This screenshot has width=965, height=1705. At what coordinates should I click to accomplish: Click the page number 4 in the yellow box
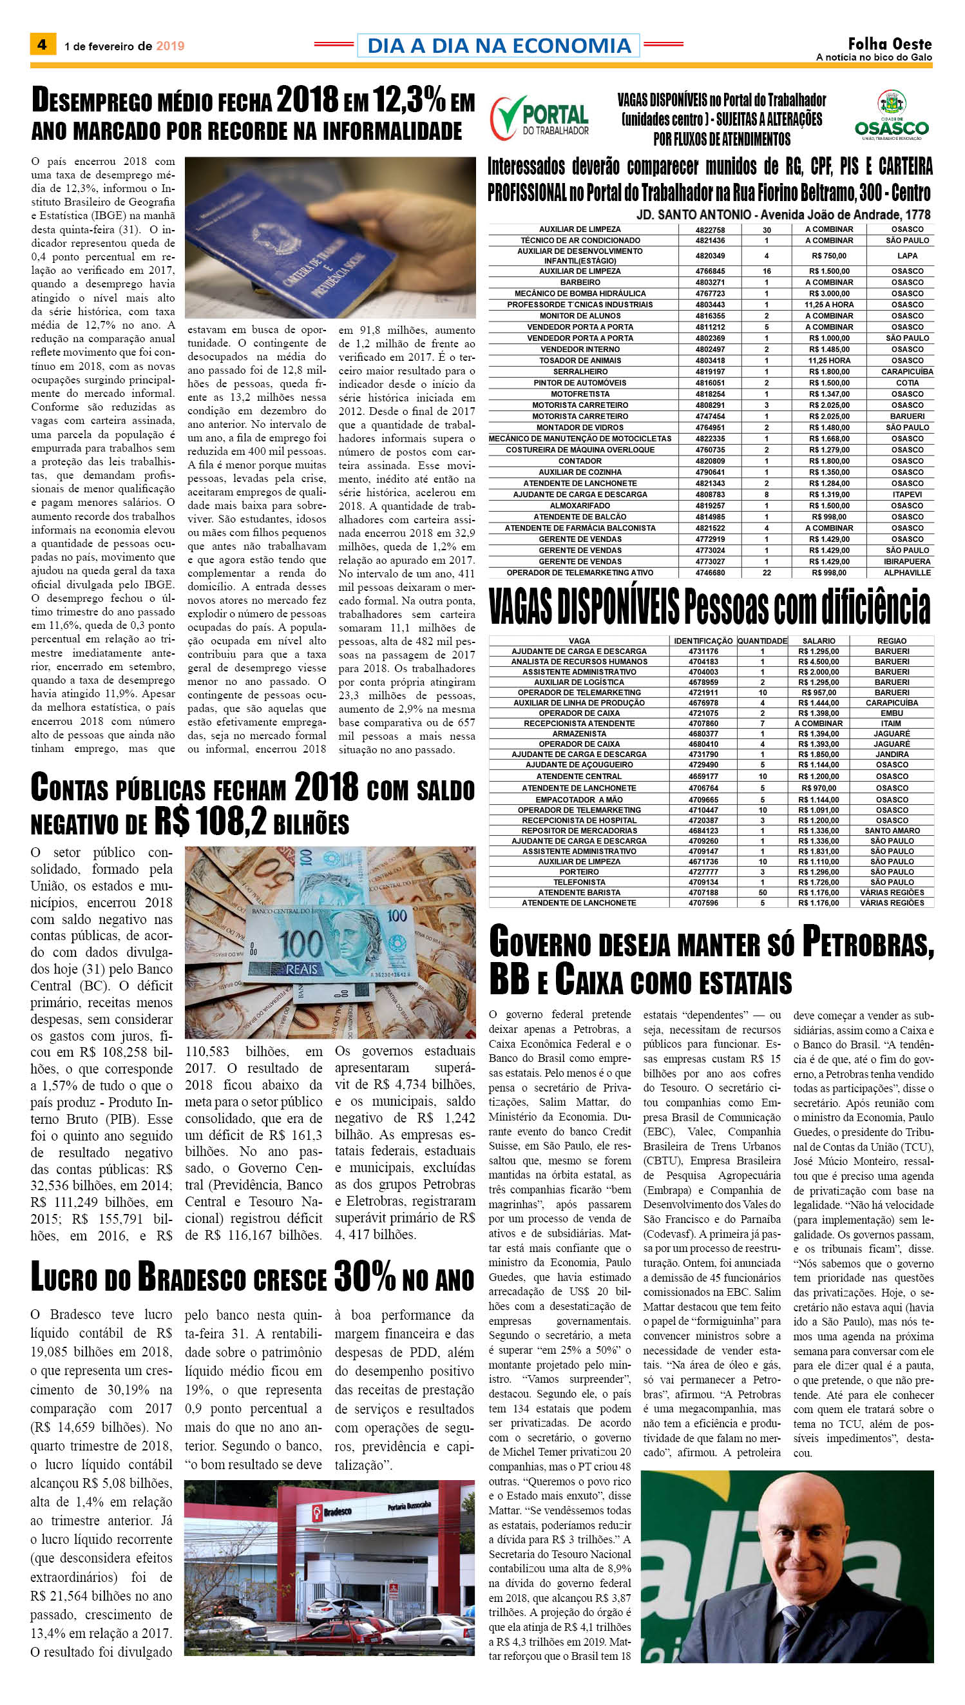pos(42,45)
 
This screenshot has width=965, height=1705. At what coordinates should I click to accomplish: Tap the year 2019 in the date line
pos(170,46)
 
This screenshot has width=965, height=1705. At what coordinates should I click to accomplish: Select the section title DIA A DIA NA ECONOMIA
pos(499,46)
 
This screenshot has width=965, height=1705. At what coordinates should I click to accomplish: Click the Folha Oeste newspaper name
pos(890,44)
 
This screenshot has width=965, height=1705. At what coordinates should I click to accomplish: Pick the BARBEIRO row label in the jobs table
pos(579,282)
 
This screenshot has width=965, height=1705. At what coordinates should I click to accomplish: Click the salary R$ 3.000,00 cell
pos(829,293)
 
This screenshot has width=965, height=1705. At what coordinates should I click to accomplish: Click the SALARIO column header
pos(819,641)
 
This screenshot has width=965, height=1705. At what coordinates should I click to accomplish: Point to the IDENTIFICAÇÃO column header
pos(703,641)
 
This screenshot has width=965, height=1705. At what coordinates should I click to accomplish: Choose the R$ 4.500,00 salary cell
pos(819,662)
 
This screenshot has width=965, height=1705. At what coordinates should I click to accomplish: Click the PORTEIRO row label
pos(578,872)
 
